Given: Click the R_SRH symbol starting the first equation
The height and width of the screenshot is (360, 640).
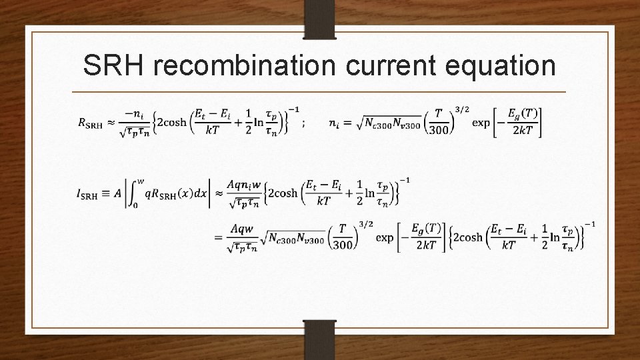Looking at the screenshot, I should [x=91, y=123].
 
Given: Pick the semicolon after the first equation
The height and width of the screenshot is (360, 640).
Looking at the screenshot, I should [x=303, y=123].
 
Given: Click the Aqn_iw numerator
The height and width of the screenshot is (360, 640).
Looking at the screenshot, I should [x=247, y=184].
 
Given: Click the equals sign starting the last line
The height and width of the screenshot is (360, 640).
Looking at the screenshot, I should [x=218, y=237].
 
